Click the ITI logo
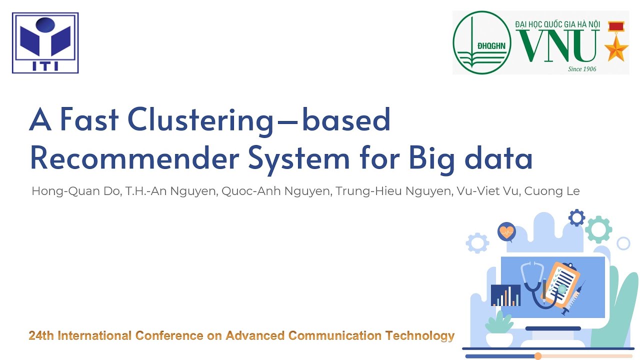(45, 43)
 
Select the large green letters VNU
(558, 45)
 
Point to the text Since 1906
(582, 69)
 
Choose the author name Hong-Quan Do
(74, 191)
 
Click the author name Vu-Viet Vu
(488, 191)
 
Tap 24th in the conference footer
(41, 335)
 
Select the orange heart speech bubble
(506, 232)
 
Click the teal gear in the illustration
(598, 229)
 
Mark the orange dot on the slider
(538, 356)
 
